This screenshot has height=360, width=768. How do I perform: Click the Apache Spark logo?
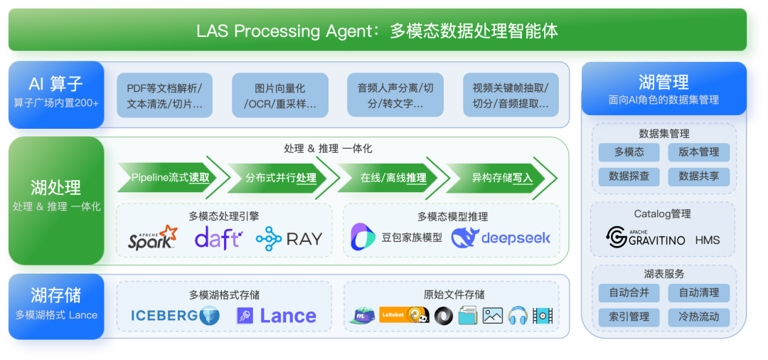pos(152,238)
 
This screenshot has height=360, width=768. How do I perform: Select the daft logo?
pos(218,238)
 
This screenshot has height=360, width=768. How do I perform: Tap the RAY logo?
pos(289,238)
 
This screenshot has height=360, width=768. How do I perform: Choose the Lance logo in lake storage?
pos(276,316)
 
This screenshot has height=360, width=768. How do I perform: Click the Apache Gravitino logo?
pos(646,237)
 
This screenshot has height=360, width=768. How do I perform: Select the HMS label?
pos(708,239)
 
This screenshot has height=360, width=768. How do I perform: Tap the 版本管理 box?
pos(698,152)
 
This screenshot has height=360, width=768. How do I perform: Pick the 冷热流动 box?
pos(698,317)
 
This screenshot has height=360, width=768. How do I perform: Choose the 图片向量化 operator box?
pos(280,96)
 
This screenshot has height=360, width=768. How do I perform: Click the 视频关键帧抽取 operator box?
pos(511,96)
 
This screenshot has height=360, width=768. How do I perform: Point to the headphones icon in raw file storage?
pos(517,316)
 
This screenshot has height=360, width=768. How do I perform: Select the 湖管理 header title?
pos(664,83)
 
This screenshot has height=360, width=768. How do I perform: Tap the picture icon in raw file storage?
pos(492,316)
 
